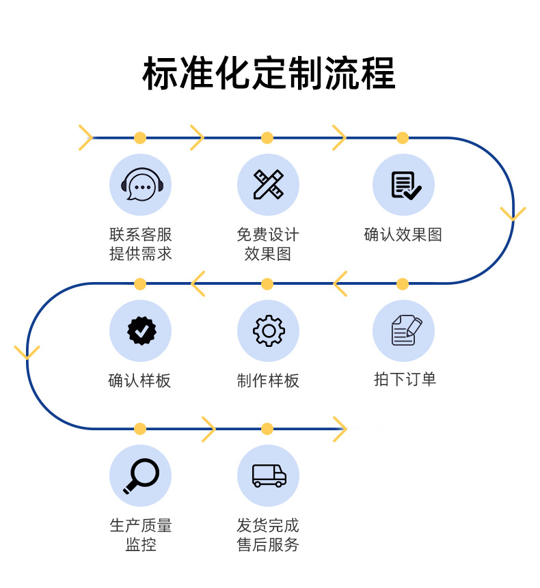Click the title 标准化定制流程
pos(269,73)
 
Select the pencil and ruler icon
pos(269,184)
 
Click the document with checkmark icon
pos(406,185)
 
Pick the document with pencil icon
pos(407,330)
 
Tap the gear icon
pos(269,331)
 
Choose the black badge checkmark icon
pos(141,331)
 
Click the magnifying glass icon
pos(141,476)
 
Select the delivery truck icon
pos(269,476)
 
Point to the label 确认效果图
pos(403,235)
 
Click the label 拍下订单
pos(405,379)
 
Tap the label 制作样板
pos(268,380)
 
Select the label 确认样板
pos(139,380)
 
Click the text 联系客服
pos(141,235)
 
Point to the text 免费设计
pos(268,235)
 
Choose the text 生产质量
pos(141,525)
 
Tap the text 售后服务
pos(268,544)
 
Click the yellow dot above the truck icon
pos(267,429)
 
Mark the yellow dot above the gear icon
pos(267,284)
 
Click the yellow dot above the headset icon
pos(140,138)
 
